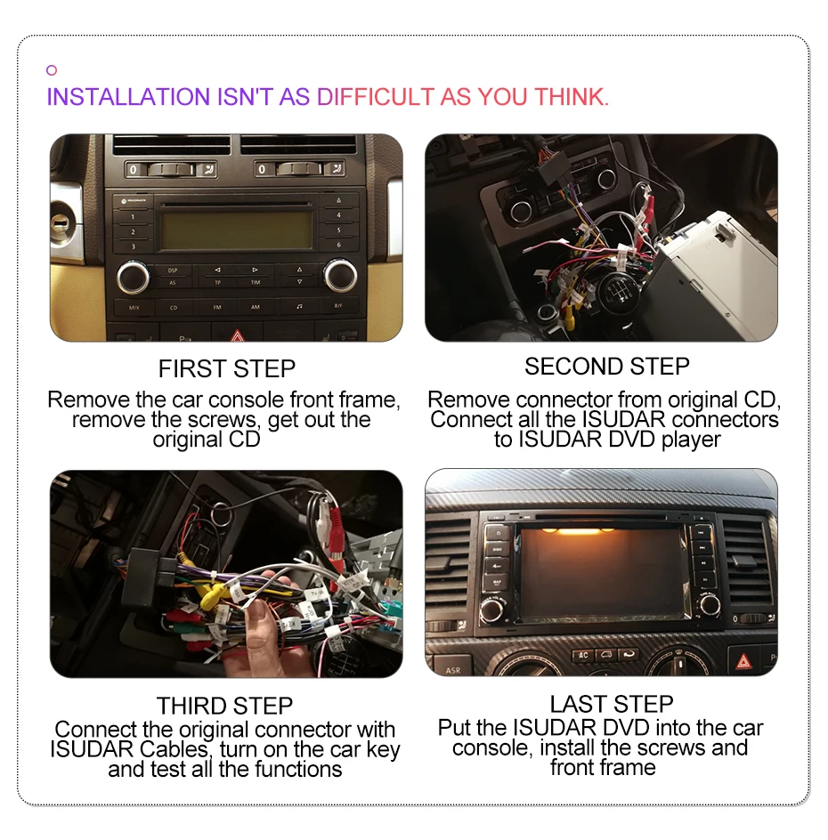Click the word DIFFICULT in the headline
tap(376, 97)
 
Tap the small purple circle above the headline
tap(52, 70)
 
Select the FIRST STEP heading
tap(226, 368)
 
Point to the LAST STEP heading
tap(611, 705)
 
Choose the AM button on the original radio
tap(255, 307)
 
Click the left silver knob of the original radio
tap(134, 276)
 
